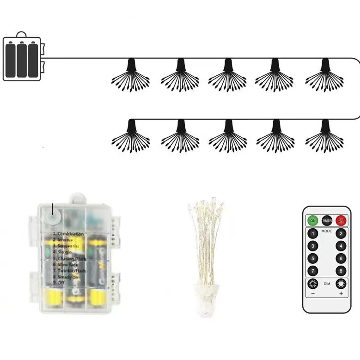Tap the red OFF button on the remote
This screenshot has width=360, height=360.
[x=341, y=220]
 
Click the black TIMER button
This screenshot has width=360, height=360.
[x=327, y=220]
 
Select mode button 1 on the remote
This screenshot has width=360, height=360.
[x=313, y=234]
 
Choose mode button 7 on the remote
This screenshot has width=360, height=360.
[x=313, y=271]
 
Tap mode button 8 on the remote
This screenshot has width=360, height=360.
[x=341, y=271]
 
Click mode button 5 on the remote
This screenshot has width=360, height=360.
[x=313, y=259]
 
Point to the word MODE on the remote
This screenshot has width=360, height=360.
[x=327, y=231]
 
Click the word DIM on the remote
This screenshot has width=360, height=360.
[x=327, y=284]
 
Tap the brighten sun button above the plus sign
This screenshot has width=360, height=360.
[x=341, y=284]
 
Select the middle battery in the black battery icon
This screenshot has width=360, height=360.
[x=22, y=60]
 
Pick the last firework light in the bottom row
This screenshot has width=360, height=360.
[x=325, y=136]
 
